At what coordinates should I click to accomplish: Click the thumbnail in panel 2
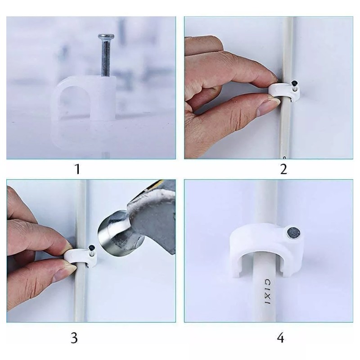270,105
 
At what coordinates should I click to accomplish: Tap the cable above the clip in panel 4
265,198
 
